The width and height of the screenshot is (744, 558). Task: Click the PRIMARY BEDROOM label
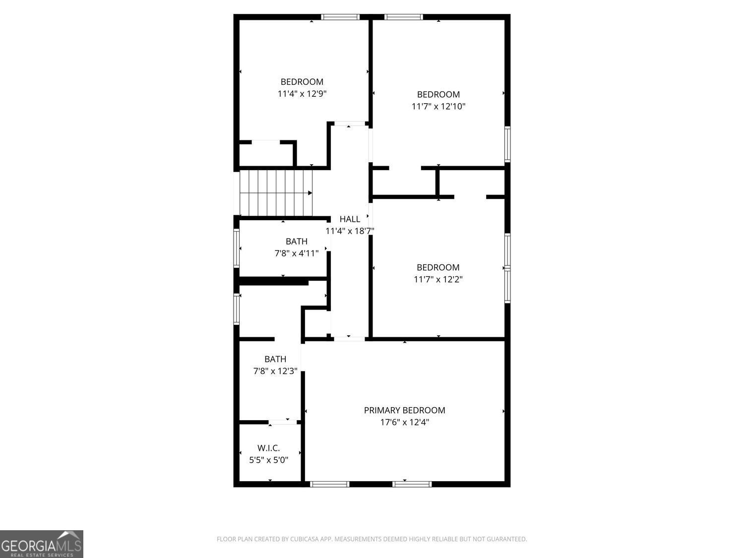pyautogui.click(x=404, y=410)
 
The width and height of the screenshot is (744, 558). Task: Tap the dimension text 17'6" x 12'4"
pyautogui.click(x=404, y=422)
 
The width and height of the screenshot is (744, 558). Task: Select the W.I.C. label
pyautogui.click(x=268, y=448)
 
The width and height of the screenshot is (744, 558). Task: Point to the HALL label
pyautogui.click(x=350, y=219)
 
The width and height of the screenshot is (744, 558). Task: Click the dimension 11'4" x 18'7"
pyautogui.click(x=350, y=231)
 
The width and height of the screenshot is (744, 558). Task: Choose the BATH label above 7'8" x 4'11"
pyautogui.click(x=297, y=241)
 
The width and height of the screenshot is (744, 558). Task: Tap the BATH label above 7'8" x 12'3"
pyautogui.click(x=275, y=359)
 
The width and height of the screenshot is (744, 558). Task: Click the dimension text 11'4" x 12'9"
pyautogui.click(x=302, y=94)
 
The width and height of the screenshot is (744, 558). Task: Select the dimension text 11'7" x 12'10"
pyautogui.click(x=438, y=106)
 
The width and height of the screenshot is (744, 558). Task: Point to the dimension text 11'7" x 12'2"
pyautogui.click(x=438, y=279)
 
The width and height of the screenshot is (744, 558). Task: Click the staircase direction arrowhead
pyautogui.click(x=310, y=193)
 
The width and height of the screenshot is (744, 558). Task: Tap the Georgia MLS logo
pyautogui.click(x=41, y=544)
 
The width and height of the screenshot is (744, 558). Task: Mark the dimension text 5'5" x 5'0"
pyautogui.click(x=268, y=460)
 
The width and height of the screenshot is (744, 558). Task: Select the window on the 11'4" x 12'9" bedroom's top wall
pyautogui.click(x=340, y=17)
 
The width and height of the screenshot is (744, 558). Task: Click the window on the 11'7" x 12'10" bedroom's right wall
pyautogui.click(x=507, y=144)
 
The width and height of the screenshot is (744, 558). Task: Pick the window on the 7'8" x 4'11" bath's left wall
pyautogui.click(x=237, y=248)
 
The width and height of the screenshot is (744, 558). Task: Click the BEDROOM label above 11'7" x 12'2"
pyautogui.click(x=438, y=267)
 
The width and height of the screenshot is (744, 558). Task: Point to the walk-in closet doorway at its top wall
pyautogui.click(x=283, y=422)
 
